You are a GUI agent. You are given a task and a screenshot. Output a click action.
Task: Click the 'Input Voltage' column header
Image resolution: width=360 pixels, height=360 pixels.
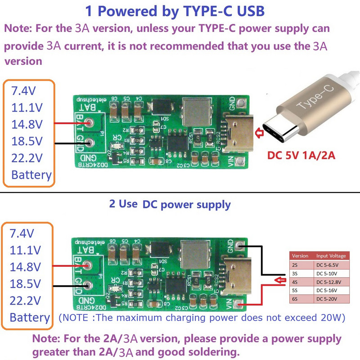coord(331,256)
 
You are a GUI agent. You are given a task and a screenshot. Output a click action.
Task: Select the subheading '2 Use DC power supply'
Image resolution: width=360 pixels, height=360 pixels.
coord(170,204)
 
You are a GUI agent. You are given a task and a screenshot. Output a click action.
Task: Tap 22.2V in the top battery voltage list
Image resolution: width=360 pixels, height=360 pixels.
coord(27,158)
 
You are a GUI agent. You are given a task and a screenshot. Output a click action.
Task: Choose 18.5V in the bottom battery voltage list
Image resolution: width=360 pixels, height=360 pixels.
coord(26,283)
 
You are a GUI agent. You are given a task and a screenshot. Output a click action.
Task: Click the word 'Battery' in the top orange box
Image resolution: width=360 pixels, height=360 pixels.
coord(31,175)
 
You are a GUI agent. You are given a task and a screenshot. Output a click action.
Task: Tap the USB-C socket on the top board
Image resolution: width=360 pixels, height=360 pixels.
coord(238,133)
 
